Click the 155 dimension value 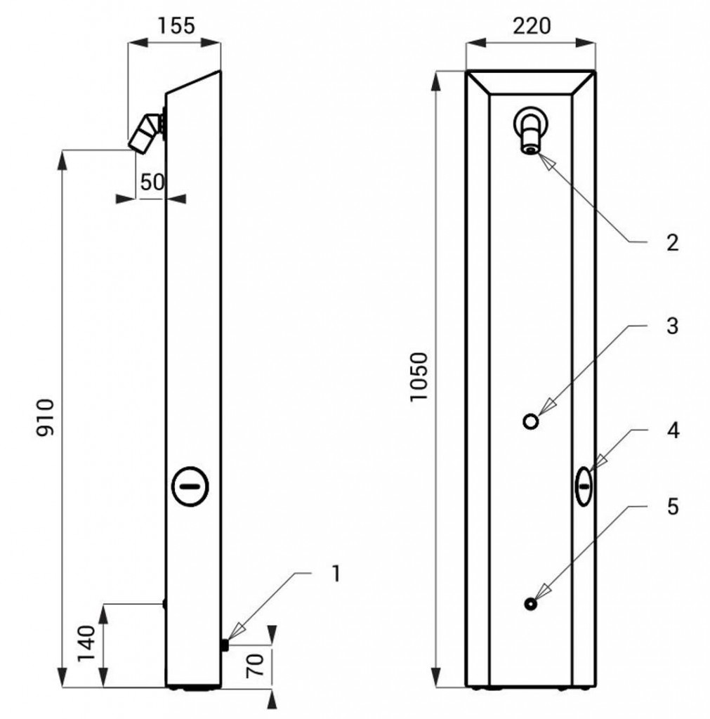tap(174, 26)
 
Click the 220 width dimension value tap(532, 26)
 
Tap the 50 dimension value tap(152, 182)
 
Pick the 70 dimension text tap(255, 664)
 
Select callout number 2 tap(672, 243)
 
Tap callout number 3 tap(672, 326)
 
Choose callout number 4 tap(672, 430)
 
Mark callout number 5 tap(672, 507)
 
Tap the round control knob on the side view tap(190, 486)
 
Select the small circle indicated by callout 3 tap(531, 421)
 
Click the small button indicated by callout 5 tap(531, 602)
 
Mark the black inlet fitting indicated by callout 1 tap(225, 645)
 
